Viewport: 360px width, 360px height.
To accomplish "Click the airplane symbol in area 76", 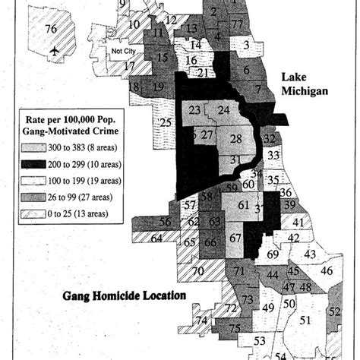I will [53, 51].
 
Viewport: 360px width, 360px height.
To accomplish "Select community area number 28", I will [236, 138].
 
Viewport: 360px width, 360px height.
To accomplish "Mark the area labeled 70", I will [197, 271].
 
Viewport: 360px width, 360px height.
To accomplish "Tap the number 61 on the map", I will [243, 205].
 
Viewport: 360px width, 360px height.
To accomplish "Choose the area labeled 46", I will [326, 270].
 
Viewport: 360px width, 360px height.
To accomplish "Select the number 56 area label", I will [165, 222].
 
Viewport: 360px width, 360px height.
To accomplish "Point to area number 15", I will [162, 57].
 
